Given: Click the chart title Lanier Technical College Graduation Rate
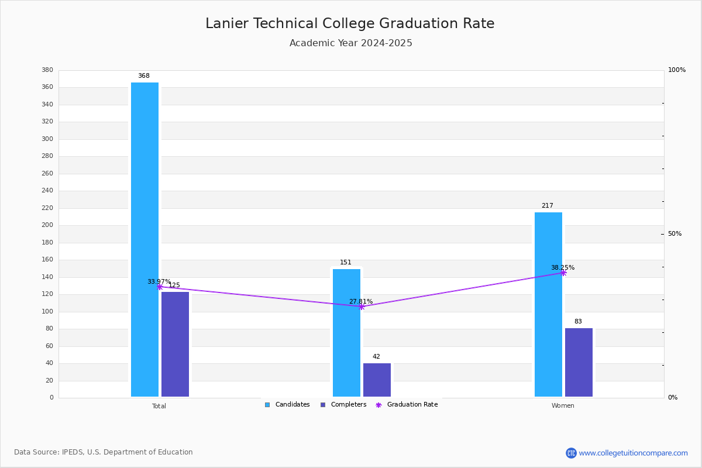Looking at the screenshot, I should [350, 23].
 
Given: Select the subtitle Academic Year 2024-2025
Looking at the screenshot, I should [350, 43].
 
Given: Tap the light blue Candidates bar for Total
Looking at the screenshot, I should [144, 240].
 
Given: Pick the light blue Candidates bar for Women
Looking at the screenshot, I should [548, 304].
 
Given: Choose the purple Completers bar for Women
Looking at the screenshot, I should [579, 362].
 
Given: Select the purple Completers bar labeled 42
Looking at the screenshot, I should [377, 380].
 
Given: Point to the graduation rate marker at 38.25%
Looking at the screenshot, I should [563, 273].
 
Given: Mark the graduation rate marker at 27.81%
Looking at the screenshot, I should [362, 307].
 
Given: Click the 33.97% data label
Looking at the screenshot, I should [159, 281].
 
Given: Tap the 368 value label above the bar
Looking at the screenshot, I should [144, 76].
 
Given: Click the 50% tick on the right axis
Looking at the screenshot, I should [675, 234].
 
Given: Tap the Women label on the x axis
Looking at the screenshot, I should [563, 406].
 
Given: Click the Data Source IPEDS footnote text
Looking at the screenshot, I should [104, 452].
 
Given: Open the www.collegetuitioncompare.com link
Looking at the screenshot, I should [633, 453].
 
